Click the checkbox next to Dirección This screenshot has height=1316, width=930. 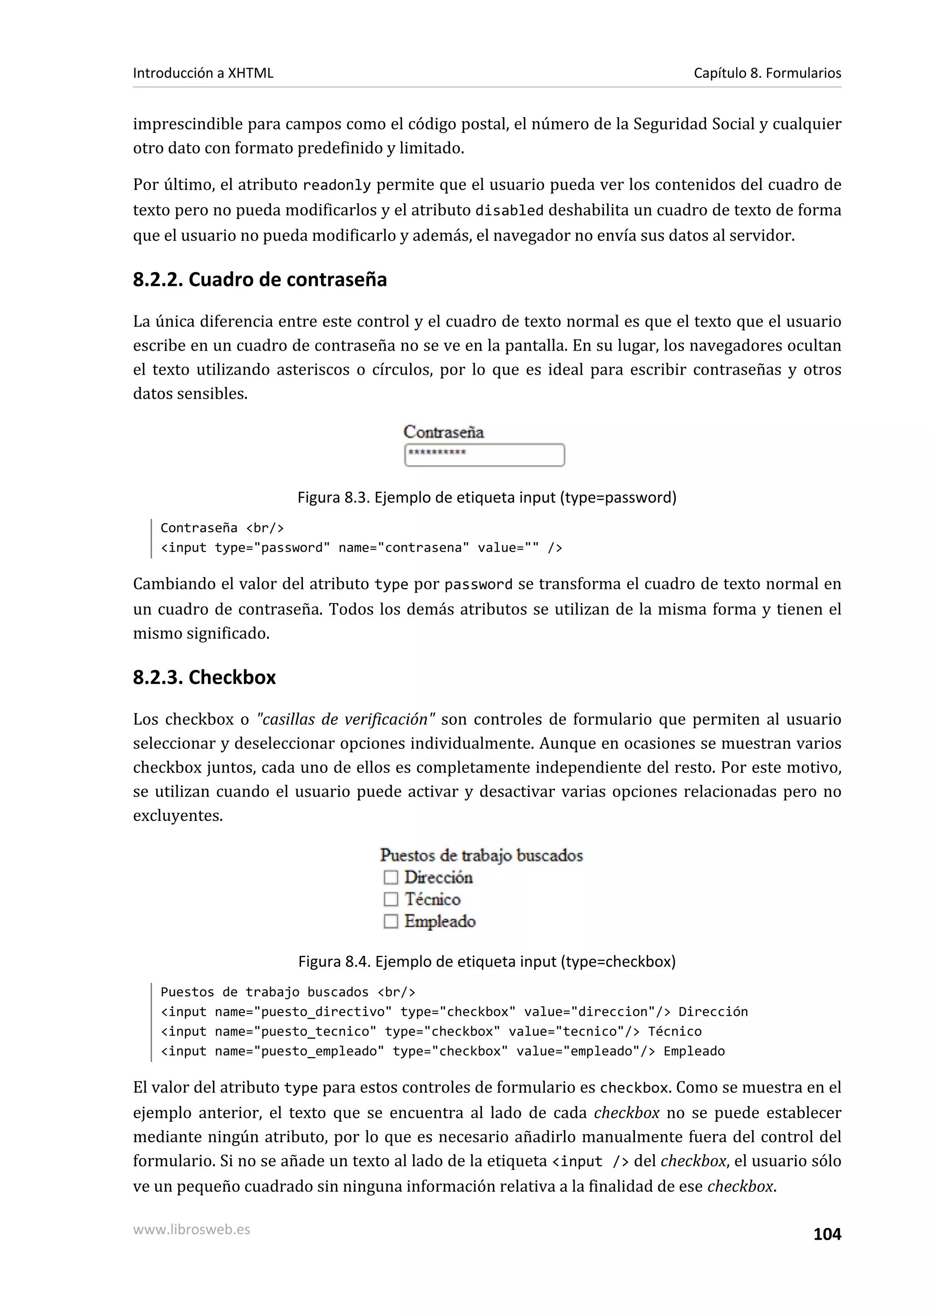391,877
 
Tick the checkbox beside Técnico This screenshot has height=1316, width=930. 391,899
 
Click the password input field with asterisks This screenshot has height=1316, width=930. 485,455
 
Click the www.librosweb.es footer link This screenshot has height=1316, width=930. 191,1229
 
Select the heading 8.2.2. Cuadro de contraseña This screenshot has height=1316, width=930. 260,280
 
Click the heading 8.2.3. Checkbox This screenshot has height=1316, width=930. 204,678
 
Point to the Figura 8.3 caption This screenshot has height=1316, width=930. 486,498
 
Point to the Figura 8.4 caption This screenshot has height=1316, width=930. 486,961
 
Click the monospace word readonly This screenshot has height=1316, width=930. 337,186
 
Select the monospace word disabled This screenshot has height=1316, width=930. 510,211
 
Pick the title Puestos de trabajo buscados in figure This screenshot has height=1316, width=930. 481,856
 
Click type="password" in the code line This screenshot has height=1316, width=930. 272,548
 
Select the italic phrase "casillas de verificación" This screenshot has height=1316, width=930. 346,719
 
